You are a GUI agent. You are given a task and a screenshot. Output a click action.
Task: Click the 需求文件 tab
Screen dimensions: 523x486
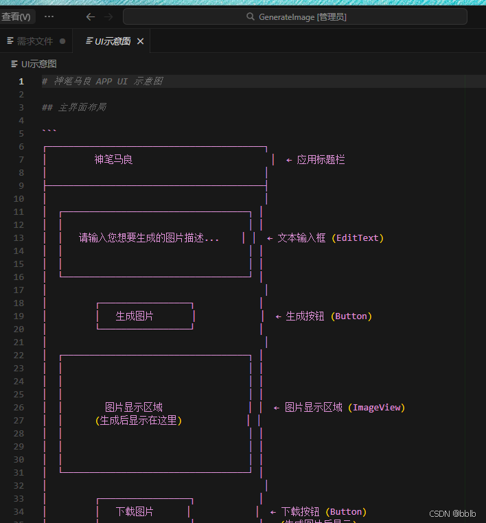click(34, 41)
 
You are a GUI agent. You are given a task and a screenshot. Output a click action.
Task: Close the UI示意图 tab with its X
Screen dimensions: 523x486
click(140, 41)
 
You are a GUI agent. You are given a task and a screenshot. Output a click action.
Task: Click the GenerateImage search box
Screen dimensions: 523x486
click(295, 16)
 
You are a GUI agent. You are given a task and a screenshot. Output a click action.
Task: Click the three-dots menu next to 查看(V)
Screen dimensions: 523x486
click(49, 16)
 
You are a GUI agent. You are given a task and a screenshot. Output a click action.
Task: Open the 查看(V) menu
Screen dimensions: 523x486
click(16, 16)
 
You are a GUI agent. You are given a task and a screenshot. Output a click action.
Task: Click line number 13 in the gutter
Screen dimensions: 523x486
click(21, 238)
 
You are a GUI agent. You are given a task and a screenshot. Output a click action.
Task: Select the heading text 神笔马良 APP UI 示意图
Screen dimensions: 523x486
click(108, 81)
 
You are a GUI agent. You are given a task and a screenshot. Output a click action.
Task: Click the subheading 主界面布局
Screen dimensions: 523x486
click(82, 107)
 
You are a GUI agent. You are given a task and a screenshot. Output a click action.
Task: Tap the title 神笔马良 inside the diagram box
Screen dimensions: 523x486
click(113, 160)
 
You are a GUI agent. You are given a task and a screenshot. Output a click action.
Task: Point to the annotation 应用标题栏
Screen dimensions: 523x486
click(321, 160)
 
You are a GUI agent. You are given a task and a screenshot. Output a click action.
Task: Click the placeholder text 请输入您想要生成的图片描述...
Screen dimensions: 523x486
click(149, 238)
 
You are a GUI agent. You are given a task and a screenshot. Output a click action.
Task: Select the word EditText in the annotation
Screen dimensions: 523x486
click(358, 238)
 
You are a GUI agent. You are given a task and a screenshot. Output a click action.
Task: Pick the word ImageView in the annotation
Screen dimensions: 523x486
click(376, 408)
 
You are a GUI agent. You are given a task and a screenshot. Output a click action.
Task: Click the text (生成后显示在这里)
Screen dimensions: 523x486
click(139, 421)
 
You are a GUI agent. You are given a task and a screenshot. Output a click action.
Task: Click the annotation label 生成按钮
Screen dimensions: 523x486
click(305, 316)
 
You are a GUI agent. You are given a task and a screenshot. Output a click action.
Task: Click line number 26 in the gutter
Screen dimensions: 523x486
click(21, 408)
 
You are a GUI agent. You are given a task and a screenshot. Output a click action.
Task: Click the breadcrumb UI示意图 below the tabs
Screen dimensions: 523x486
click(38, 64)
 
